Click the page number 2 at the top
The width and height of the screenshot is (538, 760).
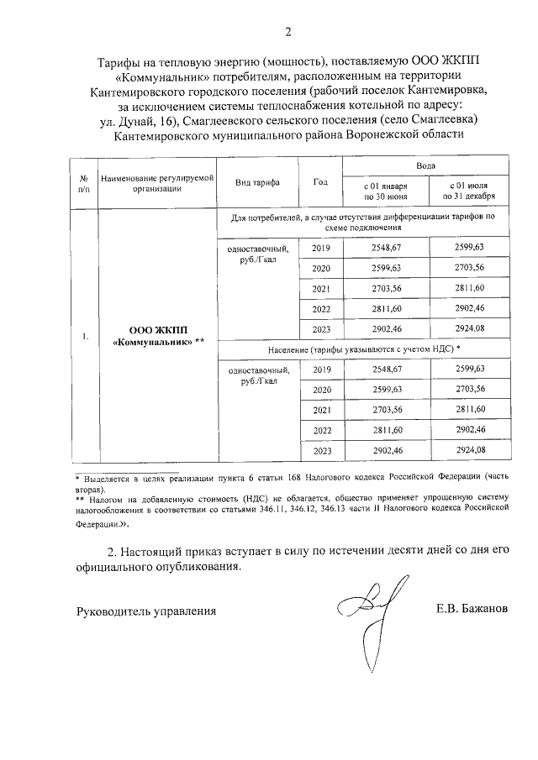coord(288,33)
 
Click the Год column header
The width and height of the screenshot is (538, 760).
coord(320,182)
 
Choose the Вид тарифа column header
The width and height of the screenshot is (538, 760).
coord(257,182)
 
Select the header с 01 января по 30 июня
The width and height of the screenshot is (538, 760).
coord(385,190)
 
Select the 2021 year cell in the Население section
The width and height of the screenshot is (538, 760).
coord(321,409)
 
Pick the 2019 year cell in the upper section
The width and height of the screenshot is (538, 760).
coord(321,248)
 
